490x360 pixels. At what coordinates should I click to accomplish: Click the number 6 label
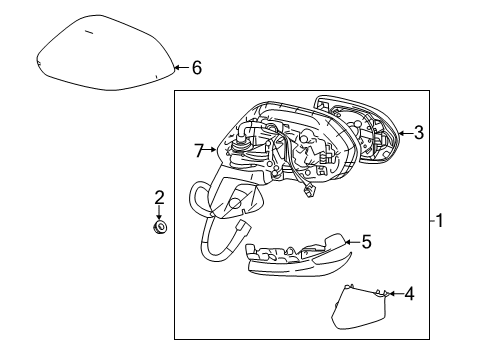[196, 68]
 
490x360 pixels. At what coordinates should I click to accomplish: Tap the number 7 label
[199, 151]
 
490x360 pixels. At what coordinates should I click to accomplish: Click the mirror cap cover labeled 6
[100, 55]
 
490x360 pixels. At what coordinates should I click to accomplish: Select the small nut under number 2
[159, 227]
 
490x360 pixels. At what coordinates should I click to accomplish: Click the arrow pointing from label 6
[179, 68]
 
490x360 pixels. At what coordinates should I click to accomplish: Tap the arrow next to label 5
[351, 241]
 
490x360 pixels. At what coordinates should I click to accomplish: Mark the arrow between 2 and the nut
[159, 212]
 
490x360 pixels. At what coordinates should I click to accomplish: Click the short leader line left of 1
[430, 221]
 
